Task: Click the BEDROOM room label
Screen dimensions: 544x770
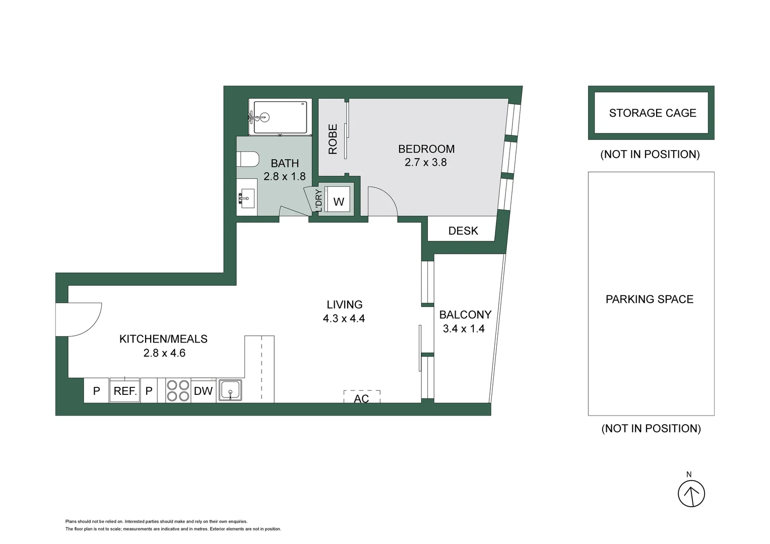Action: click(x=426, y=149)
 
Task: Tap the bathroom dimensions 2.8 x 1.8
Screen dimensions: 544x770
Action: click(x=285, y=176)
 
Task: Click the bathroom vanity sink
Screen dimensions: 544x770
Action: click(x=246, y=197)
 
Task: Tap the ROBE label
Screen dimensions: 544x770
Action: click(x=333, y=139)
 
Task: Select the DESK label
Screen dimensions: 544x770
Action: click(x=463, y=231)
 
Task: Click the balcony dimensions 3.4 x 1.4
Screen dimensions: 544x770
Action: click(x=464, y=328)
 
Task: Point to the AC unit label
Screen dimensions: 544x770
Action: click(x=361, y=398)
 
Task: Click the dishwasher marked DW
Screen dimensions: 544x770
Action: click(x=203, y=391)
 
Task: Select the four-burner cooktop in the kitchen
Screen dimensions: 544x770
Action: click(x=178, y=391)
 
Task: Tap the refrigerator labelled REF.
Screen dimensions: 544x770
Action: click(x=125, y=391)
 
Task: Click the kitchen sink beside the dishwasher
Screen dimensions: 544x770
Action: click(x=230, y=390)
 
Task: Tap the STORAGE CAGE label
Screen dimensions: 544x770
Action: click(x=653, y=113)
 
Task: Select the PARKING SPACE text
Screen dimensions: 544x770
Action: click(x=650, y=299)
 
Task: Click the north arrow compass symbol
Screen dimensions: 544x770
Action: click(x=691, y=493)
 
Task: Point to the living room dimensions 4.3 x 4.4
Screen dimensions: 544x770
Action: click(x=344, y=318)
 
